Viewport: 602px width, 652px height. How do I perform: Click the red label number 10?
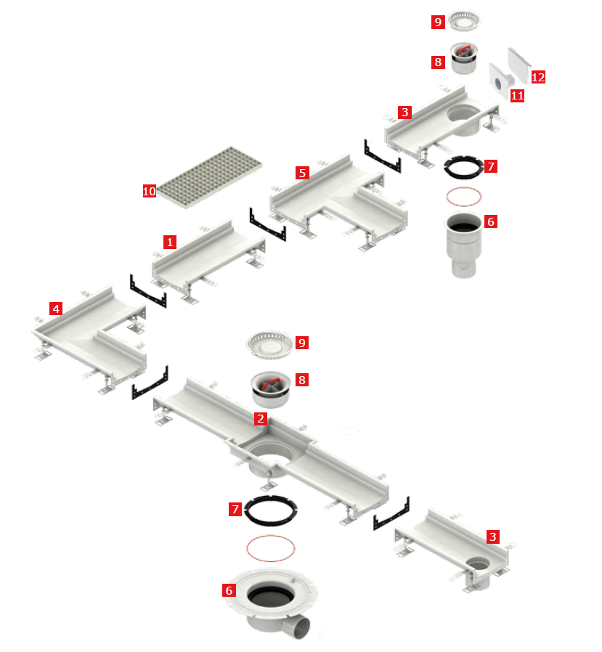(x=150, y=191)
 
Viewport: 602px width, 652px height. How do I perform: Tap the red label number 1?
(x=170, y=242)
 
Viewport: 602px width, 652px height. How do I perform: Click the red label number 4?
(x=56, y=309)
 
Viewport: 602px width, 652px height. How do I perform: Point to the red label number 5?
(x=302, y=173)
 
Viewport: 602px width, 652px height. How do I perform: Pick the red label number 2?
(x=261, y=419)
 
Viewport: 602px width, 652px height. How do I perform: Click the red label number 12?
(x=538, y=77)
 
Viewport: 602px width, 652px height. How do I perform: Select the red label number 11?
(x=517, y=96)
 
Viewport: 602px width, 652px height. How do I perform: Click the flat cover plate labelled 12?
(x=518, y=65)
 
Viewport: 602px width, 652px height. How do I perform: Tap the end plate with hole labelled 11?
(x=500, y=81)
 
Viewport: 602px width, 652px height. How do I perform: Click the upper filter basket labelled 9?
(x=464, y=20)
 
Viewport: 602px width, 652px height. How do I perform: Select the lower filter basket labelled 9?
(x=270, y=344)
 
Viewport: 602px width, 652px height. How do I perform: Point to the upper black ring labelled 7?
(x=464, y=167)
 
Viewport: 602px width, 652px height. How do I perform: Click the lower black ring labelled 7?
(x=271, y=510)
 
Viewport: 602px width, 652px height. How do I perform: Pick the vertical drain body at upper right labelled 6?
(x=464, y=244)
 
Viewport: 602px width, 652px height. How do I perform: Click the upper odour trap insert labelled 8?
(x=464, y=58)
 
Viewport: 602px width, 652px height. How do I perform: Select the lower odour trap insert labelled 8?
(x=271, y=389)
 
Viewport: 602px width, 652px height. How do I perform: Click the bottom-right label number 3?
(x=493, y=537)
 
